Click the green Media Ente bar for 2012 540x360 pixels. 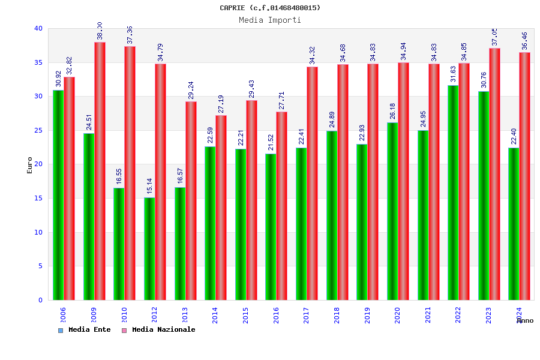pyautogui.click(x=149, y=248)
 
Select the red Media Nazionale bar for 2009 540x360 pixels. pyautogui.click(x=100, y=171)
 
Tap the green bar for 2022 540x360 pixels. pyautogui.click(x=453, y=193)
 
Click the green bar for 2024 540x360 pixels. pyautogui.click(x=514, y=224)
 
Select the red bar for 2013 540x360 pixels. pyautogui.click(x=191, y=200)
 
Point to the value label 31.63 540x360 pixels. pyautogui.click(x=454, y=74)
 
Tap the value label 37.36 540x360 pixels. pyautogui.click(x=130, y=35)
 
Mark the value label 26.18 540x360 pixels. pyautogui.click(x=393, y=111)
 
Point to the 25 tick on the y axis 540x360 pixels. pyautogui.click(x=38, y=130)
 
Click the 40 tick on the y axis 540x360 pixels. pyautogui.click(x=38, y=28)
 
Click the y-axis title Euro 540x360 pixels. pyautogui.click(x=30, y=165)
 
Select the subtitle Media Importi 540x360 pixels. pyautogui.click(x=270, y=20)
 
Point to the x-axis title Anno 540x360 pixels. pyautogui.click(x=525, y=321)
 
